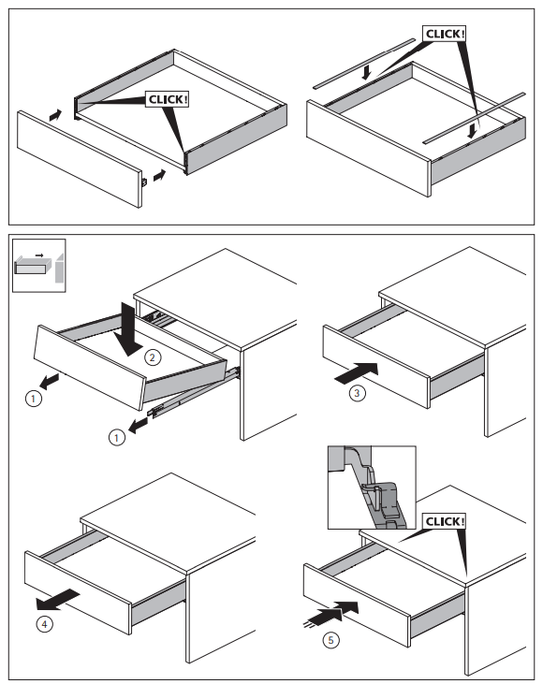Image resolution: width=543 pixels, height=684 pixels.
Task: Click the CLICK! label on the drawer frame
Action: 168,99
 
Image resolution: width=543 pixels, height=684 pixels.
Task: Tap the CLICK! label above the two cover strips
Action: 444,34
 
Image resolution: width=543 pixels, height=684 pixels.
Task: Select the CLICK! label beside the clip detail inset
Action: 444,521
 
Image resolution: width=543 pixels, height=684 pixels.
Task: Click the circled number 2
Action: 153,357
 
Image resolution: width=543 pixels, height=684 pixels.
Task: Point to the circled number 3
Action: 357,393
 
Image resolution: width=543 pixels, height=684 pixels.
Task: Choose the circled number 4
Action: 44,624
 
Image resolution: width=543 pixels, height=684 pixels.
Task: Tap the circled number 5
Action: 330,640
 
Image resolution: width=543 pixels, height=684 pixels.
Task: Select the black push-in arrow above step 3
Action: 357,373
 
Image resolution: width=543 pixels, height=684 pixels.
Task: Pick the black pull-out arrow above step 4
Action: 57,600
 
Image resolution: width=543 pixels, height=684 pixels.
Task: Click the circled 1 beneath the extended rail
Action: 116,438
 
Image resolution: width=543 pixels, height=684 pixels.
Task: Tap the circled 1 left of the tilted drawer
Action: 34,399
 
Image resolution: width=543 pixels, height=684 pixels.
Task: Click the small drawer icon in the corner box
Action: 34,265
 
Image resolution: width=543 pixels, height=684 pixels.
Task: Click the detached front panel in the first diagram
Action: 80,159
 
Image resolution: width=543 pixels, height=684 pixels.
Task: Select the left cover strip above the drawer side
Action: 364,64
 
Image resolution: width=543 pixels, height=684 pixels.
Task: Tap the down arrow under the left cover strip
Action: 367,73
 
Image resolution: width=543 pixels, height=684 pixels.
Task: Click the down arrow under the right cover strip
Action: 472,131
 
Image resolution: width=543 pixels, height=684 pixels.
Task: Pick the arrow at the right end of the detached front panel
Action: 160,176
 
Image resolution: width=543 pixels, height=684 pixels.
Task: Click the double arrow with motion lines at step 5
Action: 331,613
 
